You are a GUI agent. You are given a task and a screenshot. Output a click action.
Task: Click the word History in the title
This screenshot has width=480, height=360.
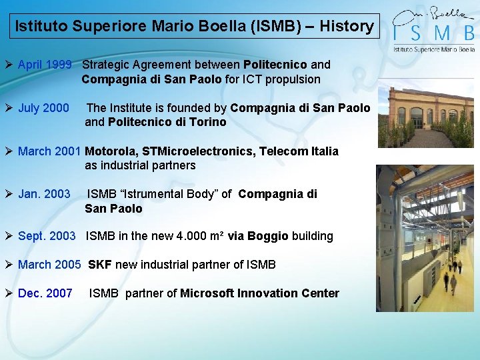(x=346, y=27)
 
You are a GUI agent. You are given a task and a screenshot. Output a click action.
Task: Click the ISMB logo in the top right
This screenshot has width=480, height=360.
(x=433, y=29)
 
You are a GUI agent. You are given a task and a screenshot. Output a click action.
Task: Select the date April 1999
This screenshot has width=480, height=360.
(x=44, y=65)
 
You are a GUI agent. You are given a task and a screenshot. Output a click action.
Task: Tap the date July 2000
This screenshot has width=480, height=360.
(x=43, y=108)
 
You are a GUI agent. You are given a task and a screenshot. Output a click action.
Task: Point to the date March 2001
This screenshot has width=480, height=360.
(x=49, y=151)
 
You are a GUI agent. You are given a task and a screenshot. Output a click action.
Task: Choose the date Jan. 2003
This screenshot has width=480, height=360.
(x=44, y=194)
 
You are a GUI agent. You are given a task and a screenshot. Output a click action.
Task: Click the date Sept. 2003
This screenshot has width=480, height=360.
(x=47, y=236)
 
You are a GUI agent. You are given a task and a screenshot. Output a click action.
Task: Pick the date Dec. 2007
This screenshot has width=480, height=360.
(x=45, y=293)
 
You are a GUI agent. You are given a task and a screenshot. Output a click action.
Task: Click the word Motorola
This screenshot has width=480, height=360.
(x=111, y=151)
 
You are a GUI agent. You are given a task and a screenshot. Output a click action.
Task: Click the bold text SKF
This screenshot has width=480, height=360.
(x=100, y=265)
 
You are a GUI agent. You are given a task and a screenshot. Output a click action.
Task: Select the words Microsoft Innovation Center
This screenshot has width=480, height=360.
(x=259, y=293)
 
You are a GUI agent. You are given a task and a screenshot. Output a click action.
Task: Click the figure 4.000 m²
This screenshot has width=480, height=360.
(x=200, y=236)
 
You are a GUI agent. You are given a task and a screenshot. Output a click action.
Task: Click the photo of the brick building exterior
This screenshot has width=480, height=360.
(x=425, y=113)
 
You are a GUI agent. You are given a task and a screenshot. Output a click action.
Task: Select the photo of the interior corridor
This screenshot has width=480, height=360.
(x=425, y=238)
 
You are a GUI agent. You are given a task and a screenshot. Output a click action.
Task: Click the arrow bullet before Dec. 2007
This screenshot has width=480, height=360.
(x=9, y=293)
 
